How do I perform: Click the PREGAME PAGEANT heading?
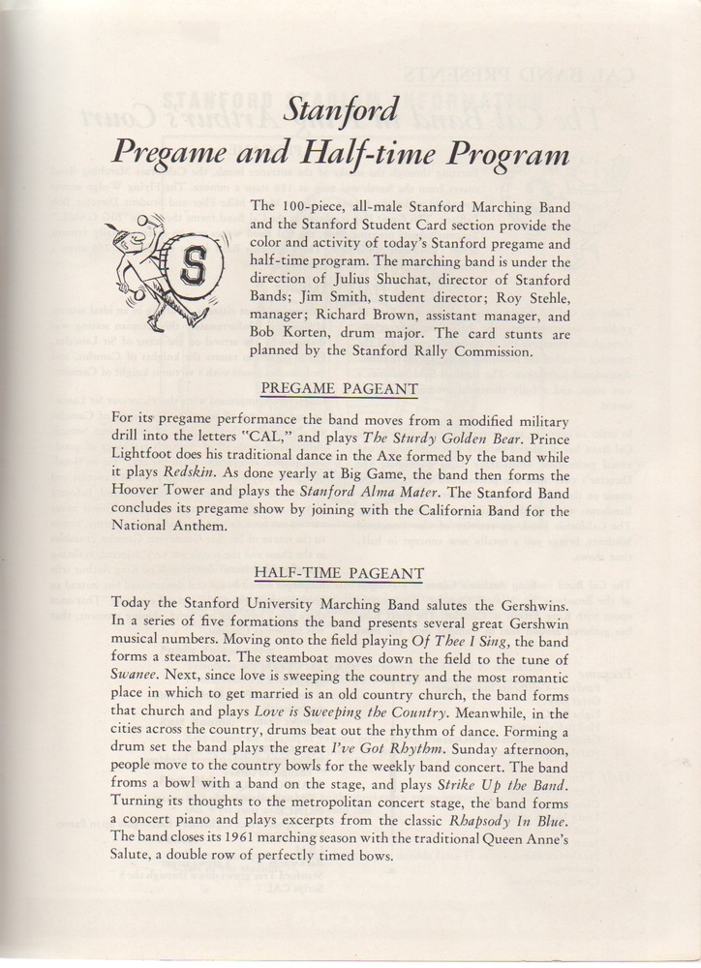(x=340, y=389)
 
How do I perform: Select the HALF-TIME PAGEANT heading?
(x=338, y=574)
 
